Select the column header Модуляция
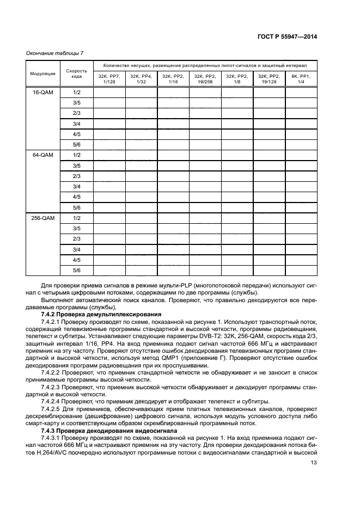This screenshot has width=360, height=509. tap(42, 73)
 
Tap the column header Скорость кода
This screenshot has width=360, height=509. tap(77, 73)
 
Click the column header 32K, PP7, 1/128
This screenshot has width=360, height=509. tap(109, 78)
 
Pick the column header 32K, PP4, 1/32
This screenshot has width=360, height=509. tap(141, 78)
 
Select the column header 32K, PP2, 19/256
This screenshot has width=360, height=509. tap(205, 78)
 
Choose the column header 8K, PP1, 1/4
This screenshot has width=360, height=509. tap(301, 78)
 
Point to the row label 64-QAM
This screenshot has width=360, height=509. tap(42, 155)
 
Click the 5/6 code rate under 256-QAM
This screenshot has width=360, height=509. tap(77, 270)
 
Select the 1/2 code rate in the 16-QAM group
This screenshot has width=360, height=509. tap(77, 93)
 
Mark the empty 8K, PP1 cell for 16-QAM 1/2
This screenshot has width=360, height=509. tap(301, 93)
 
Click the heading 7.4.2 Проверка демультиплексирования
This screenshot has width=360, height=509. tap(100, 314)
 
